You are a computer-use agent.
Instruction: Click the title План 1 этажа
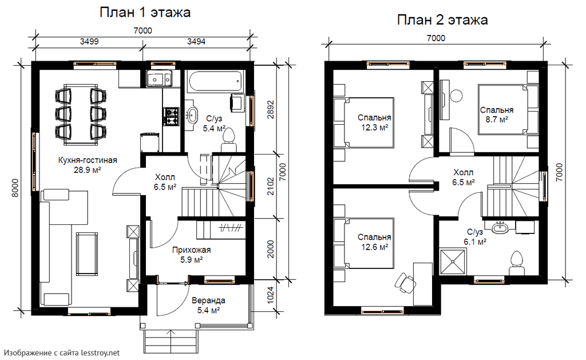(145, 13)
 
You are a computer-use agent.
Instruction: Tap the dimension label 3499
(89, 42)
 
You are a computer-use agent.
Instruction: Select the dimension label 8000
(15, 188)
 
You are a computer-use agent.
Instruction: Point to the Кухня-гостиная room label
(88, 160)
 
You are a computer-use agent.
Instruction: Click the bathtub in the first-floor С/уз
(216, 81)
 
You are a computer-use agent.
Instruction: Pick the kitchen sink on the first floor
(160, 78)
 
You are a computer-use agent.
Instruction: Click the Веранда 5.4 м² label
(208, 305)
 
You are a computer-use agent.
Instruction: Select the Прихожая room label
(191, 250)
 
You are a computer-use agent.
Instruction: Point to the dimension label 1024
(271, 295)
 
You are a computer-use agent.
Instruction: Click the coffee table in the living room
(87, 253)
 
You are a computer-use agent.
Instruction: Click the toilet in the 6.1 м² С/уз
(516, 263)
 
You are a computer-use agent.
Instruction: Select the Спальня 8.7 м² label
(496, 115)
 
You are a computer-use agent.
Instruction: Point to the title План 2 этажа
(442, 20)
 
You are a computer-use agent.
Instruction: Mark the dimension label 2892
(271, 109)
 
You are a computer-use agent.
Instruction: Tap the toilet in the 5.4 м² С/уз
(228, 140)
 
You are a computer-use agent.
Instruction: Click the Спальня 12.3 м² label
(374, 122)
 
